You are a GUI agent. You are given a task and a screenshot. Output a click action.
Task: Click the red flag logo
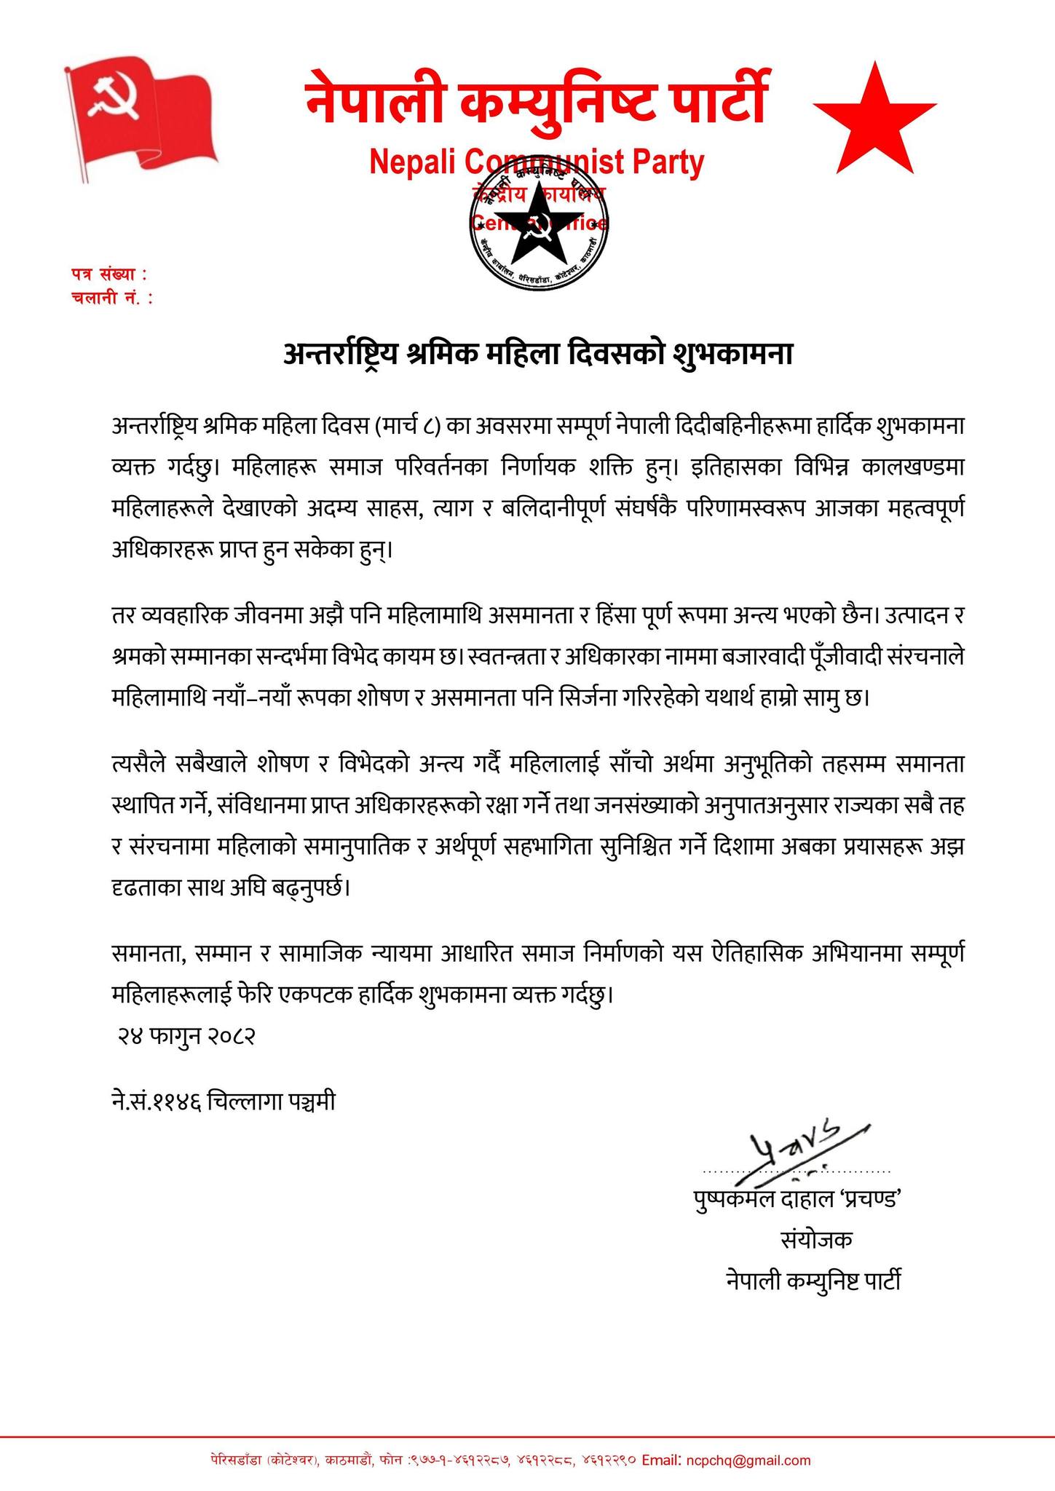(142, 116)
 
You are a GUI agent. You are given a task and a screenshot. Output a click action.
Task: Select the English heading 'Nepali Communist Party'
(537, 162)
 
